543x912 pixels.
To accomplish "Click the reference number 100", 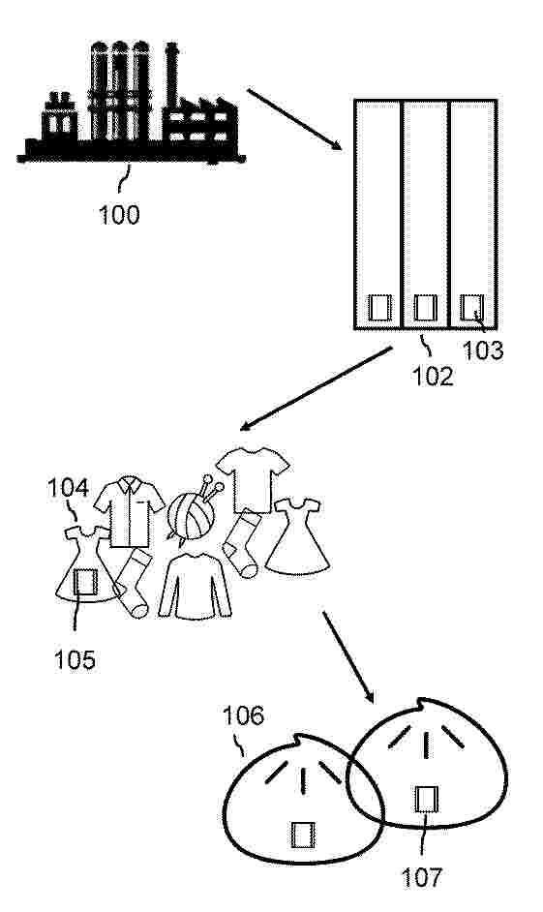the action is pyautogui.click(x=119, y=215).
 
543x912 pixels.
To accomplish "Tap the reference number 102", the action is pyautogui.click(x=432, y=376).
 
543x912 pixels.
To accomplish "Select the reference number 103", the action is pyautogui.click(x=483, y=350).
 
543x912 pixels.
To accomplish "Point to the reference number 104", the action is pyautogui.click(x=68, y=488).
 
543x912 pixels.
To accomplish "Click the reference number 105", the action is pyautogui.click(x=75, y=659).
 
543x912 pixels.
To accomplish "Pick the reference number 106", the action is pyautogui.click(x=244, y=715).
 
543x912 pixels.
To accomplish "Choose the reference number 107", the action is pyautogui.click(x=423, y=877).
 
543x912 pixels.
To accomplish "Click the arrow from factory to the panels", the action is pyautogui.click(x=294, y=119).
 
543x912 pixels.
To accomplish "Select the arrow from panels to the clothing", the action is pyautogui.click(x=317, y=388).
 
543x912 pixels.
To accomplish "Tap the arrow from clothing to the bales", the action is pyautogui.click(x=348, y=657).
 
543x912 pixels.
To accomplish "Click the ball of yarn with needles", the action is pyautogui.click(x=193, y=509).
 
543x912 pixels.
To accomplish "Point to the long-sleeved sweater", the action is pyautogui.click(x=195, y=587).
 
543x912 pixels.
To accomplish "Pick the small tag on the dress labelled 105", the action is pyautogui.click(x=85, y=582).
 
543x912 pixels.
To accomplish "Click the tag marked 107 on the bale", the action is pyautogui.click(x=426, y=799).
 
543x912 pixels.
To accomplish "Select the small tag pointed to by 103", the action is pyautogui.click(x=471, y=307).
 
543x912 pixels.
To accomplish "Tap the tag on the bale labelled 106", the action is pyautogui.click(x=304, y=835).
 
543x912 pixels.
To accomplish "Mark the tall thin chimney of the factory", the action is pyautogui.click(x=171, y=76).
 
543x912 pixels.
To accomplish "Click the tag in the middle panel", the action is pyautogui.click(x=425, y=307).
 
